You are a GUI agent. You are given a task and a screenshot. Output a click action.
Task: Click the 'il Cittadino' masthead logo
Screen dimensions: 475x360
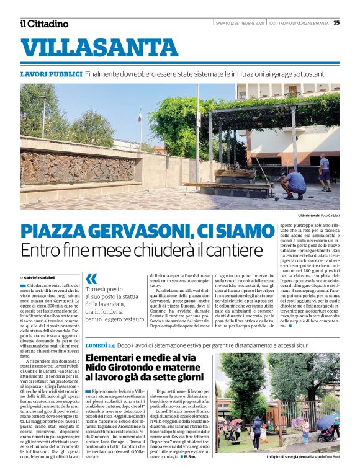(44, 24)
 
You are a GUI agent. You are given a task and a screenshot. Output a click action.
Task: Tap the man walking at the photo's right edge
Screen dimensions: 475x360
(324, 171)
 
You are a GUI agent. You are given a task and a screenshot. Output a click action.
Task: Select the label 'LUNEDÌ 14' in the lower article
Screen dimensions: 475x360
(100, 344)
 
